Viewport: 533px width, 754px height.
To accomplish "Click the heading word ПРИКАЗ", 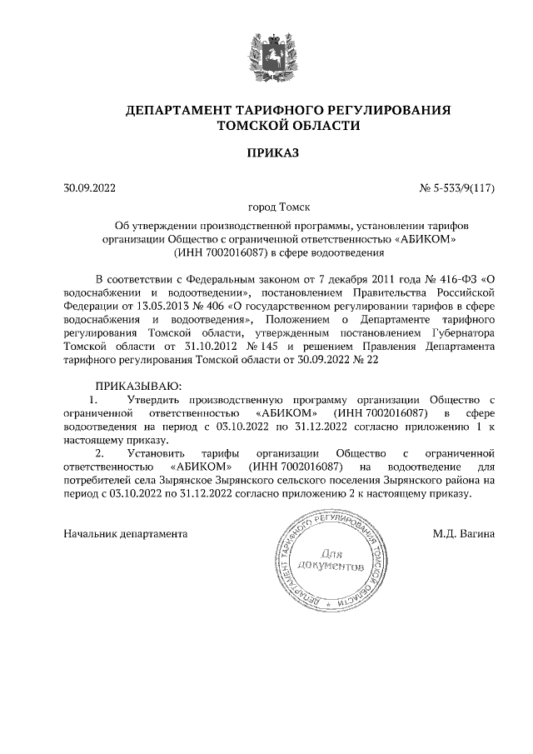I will pos(266,152).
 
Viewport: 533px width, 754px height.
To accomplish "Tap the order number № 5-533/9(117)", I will pos(457,187).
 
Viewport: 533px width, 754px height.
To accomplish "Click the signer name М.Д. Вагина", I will pos(464,532).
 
